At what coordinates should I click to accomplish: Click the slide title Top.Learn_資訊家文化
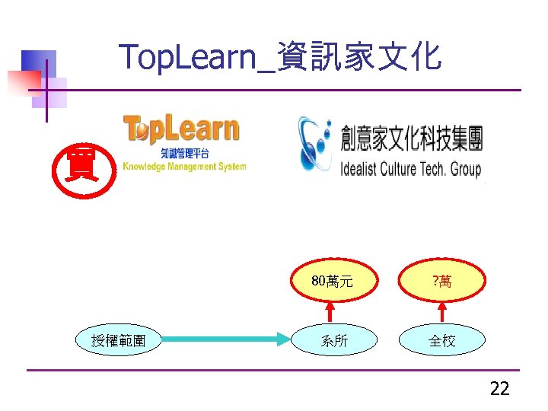(x=280, y=57)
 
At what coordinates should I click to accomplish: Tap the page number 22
(x=499, y=390)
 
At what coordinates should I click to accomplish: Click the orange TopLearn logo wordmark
(x=181, y=130)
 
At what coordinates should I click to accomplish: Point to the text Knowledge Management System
(x=185, y=167)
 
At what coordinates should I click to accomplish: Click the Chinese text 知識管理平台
(x=185, y=155)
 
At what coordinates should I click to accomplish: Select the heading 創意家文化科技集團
(x=412, y=139)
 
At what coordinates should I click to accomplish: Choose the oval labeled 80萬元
(x=332, y=282)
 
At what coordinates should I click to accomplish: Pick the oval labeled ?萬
(x=442, y=282)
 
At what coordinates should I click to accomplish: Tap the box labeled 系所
(x=334, y=341)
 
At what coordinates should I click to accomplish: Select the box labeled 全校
(x=442, y=341)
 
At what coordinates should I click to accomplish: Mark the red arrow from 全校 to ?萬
(x=442, y=311)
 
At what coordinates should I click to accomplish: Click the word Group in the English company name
(x=466, y=168)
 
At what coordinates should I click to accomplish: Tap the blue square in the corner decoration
(x=38, y=64)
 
